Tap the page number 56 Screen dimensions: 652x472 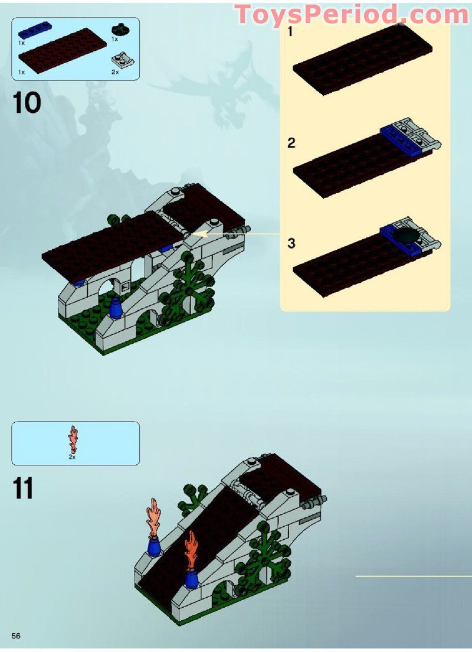pyautogui.click(x=16, y=635)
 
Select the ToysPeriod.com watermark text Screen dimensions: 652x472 pyautogui.click(x=352, y=14)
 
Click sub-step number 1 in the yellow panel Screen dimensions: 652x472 pyautogui.click(x=290, y=32)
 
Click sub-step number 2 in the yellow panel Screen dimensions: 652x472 pyautogui.click(x=291, y=143)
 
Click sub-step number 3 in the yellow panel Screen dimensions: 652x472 pyautogui.click(x=291, y=243)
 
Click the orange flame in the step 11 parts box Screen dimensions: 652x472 pyautogui.click(x=73, y=439)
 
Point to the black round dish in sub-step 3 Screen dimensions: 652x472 pyautogui.click(x=408, y=237)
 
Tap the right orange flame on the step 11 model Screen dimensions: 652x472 pyautogui.click(x=191, y=550)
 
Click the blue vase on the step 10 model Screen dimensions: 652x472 pyautogui.click(x=116, y=309)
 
